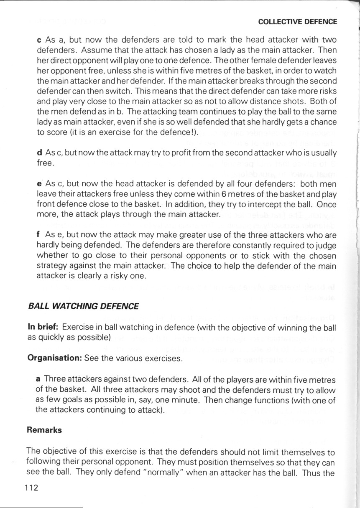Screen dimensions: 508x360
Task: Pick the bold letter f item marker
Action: (x=39, y=234)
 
